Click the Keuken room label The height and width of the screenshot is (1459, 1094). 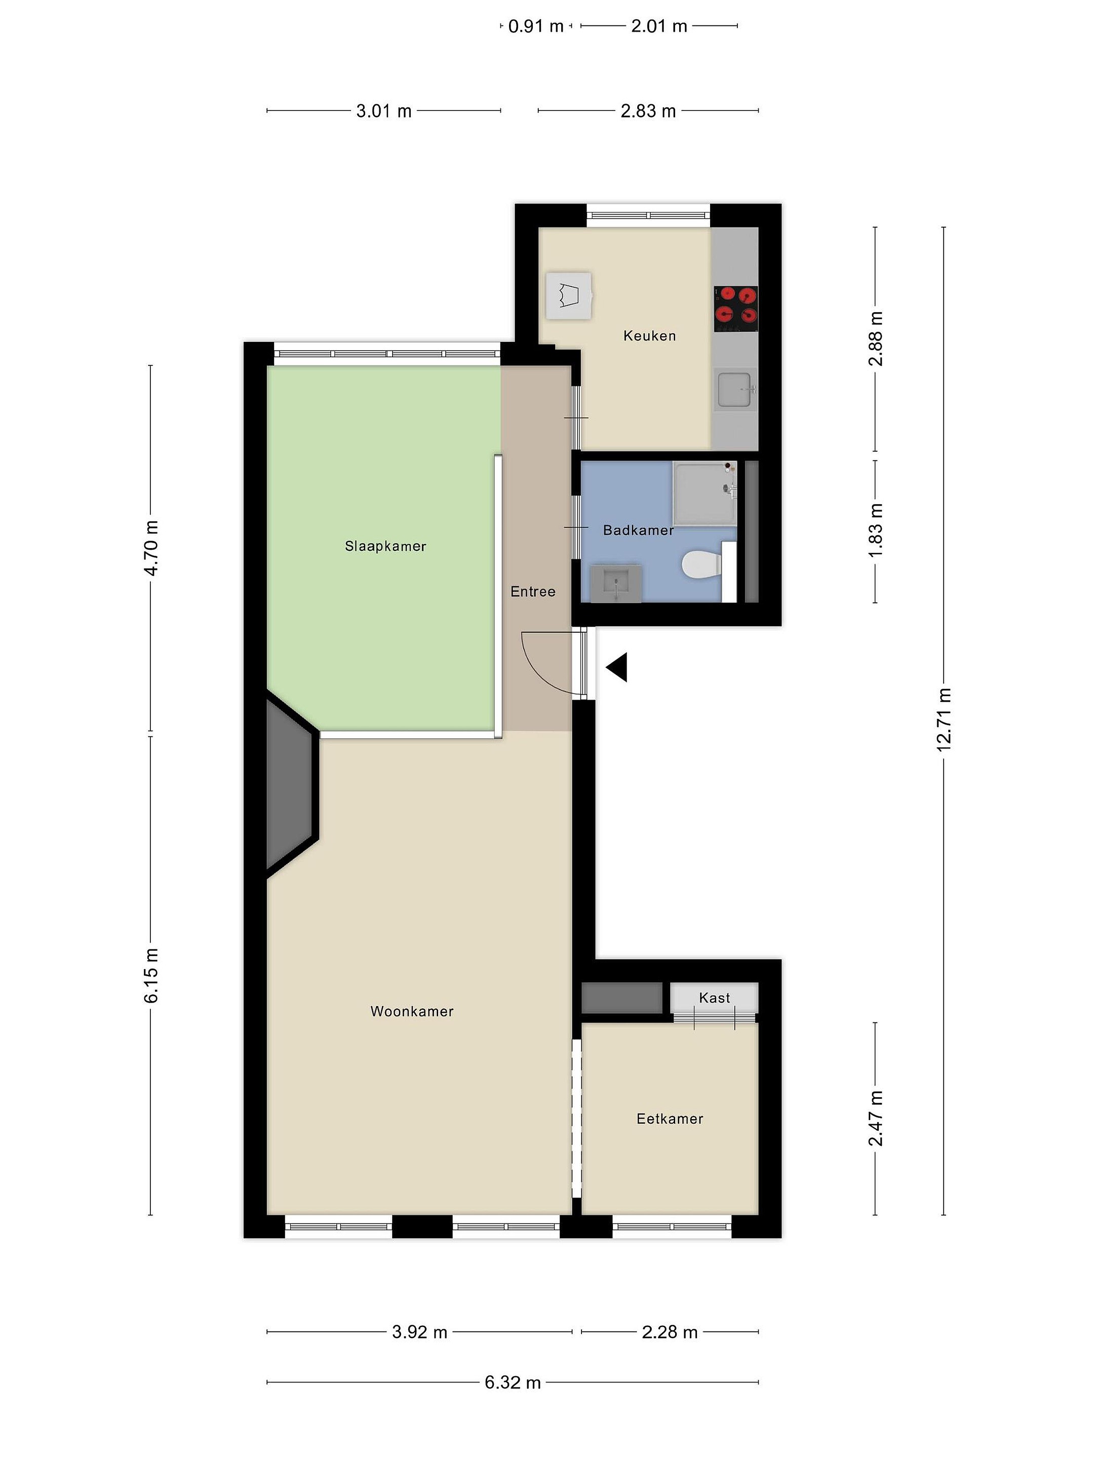click(649, 336)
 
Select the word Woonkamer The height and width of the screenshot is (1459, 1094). click(412, 1011)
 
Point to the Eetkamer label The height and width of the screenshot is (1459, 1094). click(670, 1119)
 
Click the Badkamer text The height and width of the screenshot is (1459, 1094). click(638, 530)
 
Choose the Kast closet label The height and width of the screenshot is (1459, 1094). click(715, 998)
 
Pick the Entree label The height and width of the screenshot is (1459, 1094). click(533, 592)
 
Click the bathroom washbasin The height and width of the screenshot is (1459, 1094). click(616, 583)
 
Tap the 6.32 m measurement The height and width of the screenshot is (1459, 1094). click(513, 1382)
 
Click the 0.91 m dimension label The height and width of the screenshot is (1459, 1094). click(535, 26)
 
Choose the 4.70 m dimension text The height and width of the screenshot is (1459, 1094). click(151, 548)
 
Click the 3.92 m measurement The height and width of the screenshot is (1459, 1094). click(419, 1332)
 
